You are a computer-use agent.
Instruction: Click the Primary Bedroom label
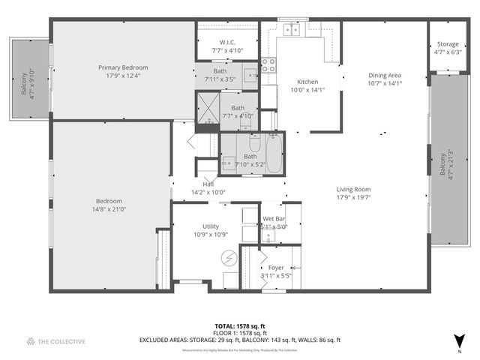coord(123,67)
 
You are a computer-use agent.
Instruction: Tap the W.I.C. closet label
coord(228,42)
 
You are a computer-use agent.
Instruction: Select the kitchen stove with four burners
coord(268,65)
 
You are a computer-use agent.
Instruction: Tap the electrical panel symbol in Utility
coord(229,258)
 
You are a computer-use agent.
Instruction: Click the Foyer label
coord(276,268)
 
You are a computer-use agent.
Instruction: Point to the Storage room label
coord(448,44)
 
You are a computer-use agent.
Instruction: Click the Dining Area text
coord(384,75)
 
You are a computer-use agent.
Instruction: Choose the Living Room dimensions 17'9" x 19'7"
coord(354,198)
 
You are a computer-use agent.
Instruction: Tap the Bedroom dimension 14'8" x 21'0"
coord(109,209)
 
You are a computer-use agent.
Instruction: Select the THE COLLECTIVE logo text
coord(61,341)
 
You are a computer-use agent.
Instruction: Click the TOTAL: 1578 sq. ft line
coord(239,327)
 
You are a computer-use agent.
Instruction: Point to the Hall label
coord(208,184)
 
